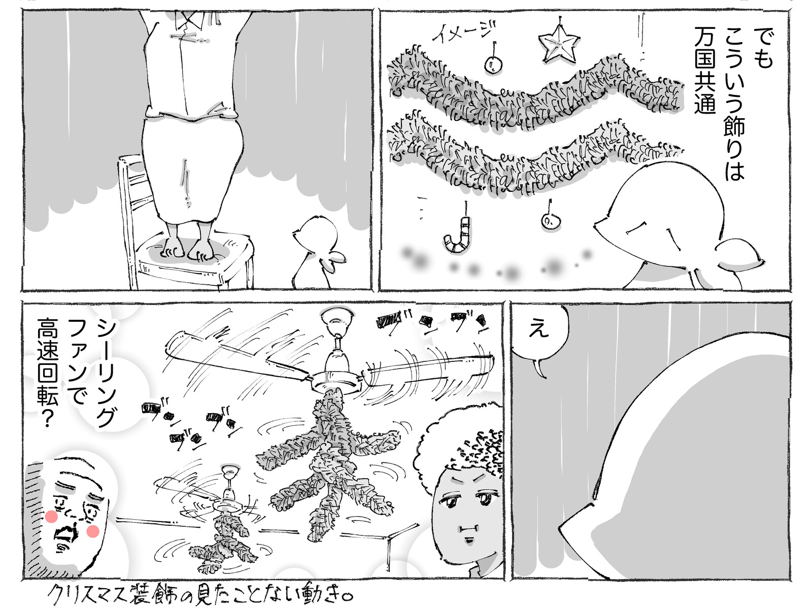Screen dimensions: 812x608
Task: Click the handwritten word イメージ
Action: point(464,31)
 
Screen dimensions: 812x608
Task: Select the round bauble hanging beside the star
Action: point(493,65)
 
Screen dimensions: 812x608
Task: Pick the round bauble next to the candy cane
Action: point(551,221)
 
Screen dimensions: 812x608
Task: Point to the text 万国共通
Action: point(705,70)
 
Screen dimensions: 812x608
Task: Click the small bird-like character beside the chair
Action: point(319,252)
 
